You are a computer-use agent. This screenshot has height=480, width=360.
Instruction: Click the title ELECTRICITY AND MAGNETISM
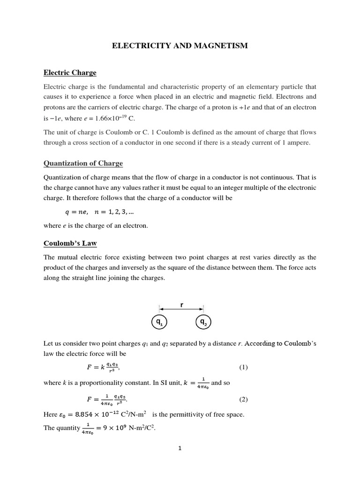180,45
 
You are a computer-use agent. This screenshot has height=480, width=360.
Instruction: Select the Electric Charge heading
70,73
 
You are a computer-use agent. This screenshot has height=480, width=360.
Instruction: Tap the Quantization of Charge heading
83,163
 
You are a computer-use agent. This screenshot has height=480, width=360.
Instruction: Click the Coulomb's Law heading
70,243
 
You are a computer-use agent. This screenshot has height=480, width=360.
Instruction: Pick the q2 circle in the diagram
203,322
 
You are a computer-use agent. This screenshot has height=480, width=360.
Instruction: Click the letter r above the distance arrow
181,304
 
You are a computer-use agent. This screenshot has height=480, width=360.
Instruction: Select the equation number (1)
243,367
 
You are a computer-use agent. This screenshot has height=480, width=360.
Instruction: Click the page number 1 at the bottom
180,448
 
